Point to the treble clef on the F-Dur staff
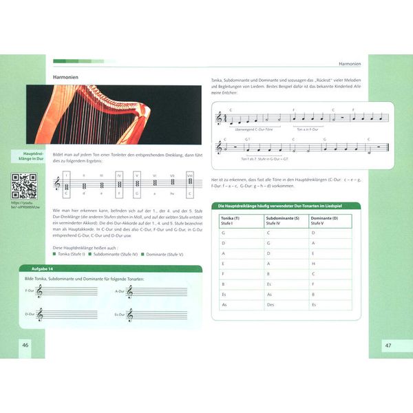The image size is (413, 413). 40,293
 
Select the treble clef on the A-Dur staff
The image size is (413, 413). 129,293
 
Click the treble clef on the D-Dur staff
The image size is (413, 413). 40,315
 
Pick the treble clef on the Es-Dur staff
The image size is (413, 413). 129,315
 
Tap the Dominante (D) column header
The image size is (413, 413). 328,221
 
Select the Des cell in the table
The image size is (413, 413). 270,304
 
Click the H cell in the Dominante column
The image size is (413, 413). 314,263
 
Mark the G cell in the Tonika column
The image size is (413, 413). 224,233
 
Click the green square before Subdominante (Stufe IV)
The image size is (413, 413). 89,255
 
